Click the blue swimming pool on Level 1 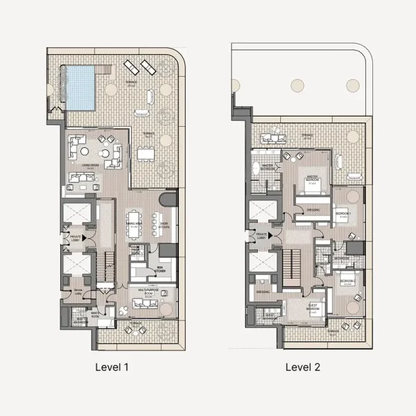[x=80, y=87]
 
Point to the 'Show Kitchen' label [x=164, y=225]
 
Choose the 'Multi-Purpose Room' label [x=149, y=291]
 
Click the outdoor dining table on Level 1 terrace [x=147, y=153]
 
